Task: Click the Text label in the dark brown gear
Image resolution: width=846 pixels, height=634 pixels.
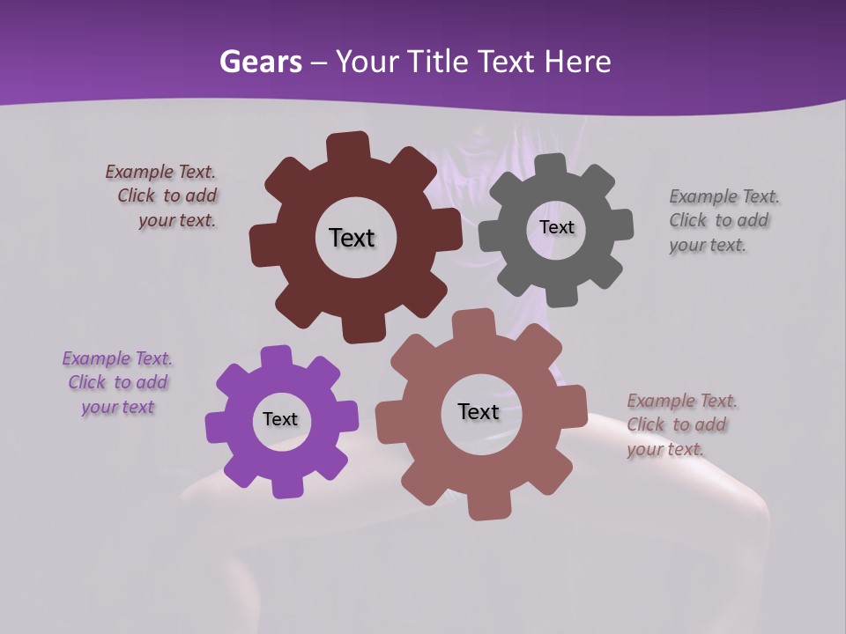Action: pyautogui.click(x=352, y=238)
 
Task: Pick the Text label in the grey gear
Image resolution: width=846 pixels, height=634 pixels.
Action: pyautogui.click(x=556, y=227)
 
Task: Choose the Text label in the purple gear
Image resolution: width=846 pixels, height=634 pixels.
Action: pyautogui.click(x=280, y=419)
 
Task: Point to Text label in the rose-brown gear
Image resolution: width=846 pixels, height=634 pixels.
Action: pyautogui.click(x=479, y=411)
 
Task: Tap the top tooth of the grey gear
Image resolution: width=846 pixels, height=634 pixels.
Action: pyautogui.click(x=551, y=166)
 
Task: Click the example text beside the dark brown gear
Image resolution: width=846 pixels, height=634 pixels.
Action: pyautogui.click(x=164, y=196)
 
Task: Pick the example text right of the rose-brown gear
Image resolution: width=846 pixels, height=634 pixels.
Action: pyautogui.click(x=680, y=425)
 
